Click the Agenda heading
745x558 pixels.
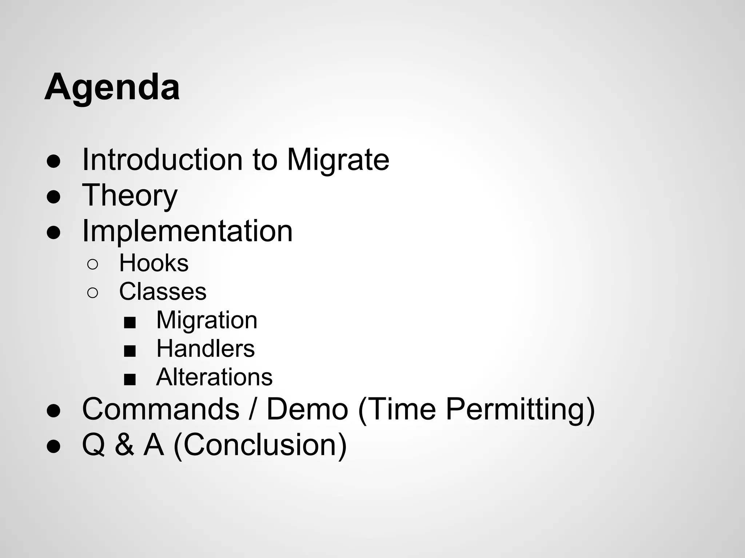(112, 88)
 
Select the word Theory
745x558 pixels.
(130, 195)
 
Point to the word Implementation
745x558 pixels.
(187, 231)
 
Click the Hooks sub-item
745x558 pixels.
(154, 263)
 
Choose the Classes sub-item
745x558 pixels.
(163, 291)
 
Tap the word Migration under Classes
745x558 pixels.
(207, 320)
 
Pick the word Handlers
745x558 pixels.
(206, 349)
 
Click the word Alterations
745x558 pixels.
(214, 377)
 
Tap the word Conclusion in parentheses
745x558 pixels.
(260, 445)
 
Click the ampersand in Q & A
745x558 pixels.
(124, 445)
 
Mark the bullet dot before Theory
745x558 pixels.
(53, 197)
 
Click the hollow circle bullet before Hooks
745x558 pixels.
(93, 264)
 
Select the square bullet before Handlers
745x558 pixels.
(130, 351)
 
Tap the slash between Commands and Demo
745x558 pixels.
(253, 409)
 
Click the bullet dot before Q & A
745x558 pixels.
(53, 446)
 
